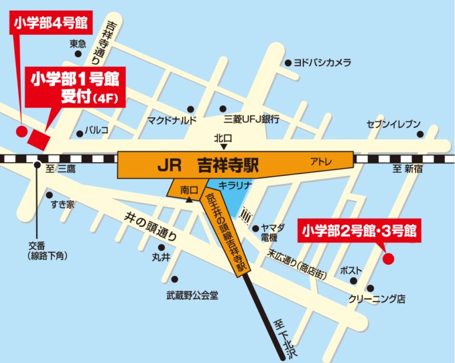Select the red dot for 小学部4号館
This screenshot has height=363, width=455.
point(21,131)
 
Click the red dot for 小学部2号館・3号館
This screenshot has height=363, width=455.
point(389,258)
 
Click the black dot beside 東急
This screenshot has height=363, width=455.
point(78,54)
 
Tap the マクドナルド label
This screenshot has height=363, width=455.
point(172,120)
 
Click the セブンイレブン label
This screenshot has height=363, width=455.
point(393,124)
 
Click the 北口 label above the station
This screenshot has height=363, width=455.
point(224,137)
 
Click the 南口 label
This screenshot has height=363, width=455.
point(188,190)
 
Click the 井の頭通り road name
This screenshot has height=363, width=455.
point(150,225)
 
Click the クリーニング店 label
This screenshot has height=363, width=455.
point(377,299)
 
